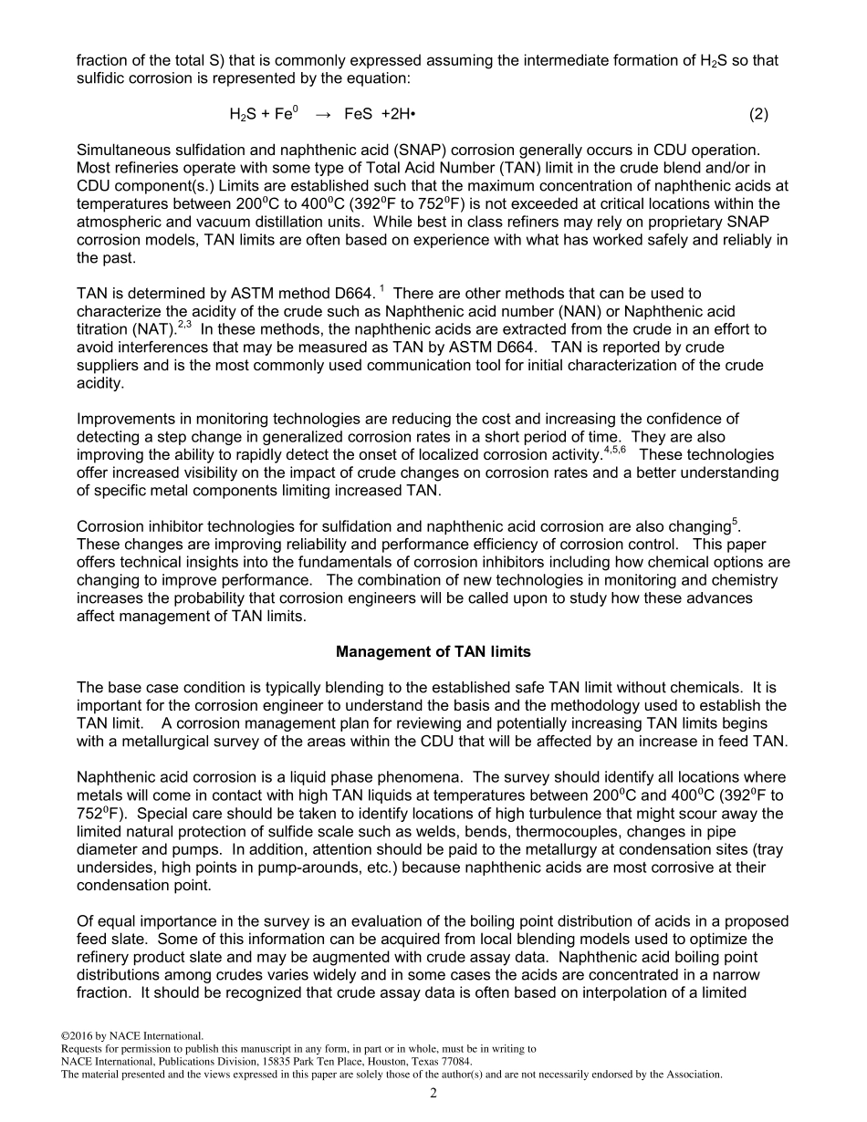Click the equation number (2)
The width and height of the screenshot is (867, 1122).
(x=758, y=114)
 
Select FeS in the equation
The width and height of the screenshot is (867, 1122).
(x=359, y=114)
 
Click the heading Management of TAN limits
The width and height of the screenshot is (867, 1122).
(x=433, y=652)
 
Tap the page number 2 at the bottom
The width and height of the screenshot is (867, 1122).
(x=433, y=1094)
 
